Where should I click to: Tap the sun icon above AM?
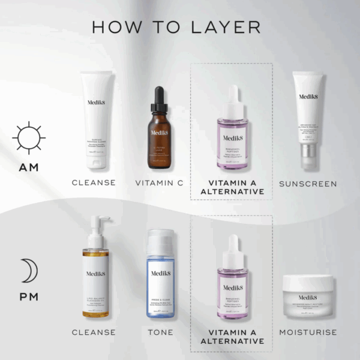tap(29, 138)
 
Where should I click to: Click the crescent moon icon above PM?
tap(29, 271)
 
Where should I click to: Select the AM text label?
tap(28, 167)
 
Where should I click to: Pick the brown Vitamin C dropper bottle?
tap(158, 135)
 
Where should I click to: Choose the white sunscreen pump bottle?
tap(308, 120)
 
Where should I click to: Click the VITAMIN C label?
tap(159, 182)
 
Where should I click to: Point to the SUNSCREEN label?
tap(308, 182)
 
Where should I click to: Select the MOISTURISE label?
tap(308, 332)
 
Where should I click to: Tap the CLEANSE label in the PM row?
tap(94, 332)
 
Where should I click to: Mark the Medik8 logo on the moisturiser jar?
tap(308, 297)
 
